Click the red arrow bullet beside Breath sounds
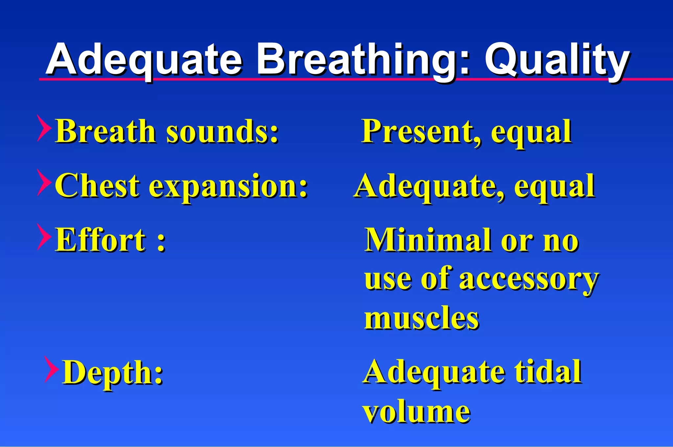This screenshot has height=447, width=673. pos(44,129)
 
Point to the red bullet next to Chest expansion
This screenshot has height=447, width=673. pos(44,183)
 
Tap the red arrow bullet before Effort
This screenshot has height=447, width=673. pos(44,237)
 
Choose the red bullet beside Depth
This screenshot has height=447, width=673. pos(52,369)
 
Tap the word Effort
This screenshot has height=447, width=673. pos(101,240)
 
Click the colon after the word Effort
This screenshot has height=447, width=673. pos(161,244)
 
